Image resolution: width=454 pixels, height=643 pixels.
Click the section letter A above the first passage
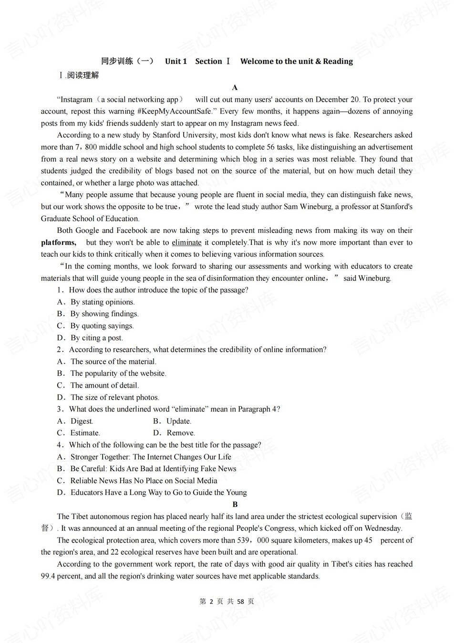click(x=235, y=87)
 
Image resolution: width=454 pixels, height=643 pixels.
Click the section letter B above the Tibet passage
click(x=235, y=504)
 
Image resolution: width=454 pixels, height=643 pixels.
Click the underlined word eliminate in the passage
click(x=186, y=242)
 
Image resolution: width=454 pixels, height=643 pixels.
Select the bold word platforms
click(x=58, y=242)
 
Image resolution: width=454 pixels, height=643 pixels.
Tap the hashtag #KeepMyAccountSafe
click(x=175, y=111)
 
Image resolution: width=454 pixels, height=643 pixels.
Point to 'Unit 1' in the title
click(x=176, y=61)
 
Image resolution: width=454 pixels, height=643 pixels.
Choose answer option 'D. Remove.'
click(x=174, y=433)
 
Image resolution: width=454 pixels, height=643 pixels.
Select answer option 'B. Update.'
click(x=172, y=421)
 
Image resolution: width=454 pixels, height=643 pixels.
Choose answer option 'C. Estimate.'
click(x=79, y=433)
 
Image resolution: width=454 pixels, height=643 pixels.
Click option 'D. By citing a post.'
click(x=90, y=337)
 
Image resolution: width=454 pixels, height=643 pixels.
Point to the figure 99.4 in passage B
click(x=48, y=576)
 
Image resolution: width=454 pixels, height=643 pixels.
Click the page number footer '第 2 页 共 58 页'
click(x=227, y=601)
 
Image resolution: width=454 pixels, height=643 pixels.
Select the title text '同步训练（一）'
click(x=127, y=61)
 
